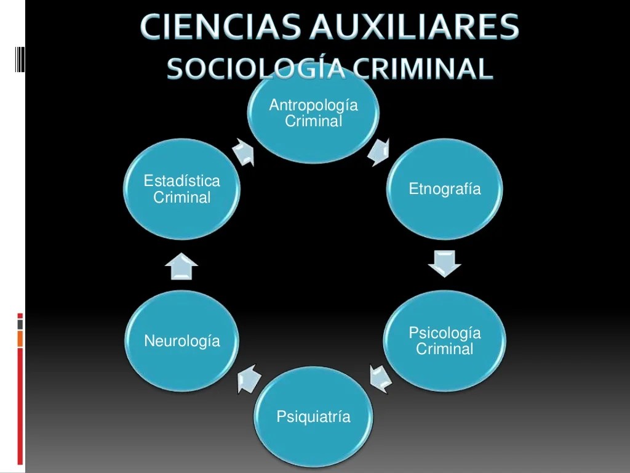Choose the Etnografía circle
pos(445,189)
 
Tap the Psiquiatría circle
pos(313,417)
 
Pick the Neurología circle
pos(182,341)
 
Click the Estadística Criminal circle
pos(182,189)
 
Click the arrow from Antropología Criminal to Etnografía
pos(378,152)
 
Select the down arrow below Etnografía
pos(444,263)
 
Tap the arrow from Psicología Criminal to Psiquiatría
pos(380,378)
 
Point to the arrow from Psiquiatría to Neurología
pos(249,378)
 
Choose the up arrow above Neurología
pos(181,266)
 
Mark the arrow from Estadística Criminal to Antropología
pos(244,152)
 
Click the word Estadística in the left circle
pos(181,181)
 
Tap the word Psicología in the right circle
pos(445,333)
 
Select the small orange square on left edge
pos(20,338)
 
